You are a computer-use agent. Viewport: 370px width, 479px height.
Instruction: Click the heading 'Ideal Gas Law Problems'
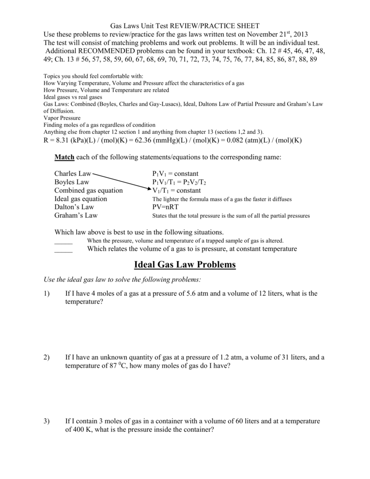(x=185, y=265)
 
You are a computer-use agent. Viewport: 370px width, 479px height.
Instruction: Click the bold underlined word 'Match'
(x=64, y=157)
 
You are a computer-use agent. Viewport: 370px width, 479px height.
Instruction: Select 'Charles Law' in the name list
(x=73, y=174)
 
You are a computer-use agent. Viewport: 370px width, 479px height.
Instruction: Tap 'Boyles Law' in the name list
(x=72, y=182)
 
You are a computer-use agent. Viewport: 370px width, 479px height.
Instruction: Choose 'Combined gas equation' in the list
(x=88, y=190)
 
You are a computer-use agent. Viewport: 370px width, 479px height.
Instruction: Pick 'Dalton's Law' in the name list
(x=74, y=207)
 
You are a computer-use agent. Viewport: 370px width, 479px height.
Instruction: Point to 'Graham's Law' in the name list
(x=76, y=216)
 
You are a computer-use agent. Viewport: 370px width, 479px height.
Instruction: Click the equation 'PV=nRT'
(x=165, y=207)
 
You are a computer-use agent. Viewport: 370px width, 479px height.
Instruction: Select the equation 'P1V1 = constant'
(x=175, y=174)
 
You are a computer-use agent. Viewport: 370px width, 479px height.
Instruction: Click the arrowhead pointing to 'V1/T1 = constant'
(x=149, y=189)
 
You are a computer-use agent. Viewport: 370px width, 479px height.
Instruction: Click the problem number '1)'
(x=46, y=294)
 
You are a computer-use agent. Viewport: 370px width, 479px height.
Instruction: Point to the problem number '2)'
(x=46, y=357)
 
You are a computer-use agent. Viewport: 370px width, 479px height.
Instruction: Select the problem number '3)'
(x=46, y=421)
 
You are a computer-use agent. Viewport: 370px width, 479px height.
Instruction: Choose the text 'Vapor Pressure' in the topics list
(x=62, y=118)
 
